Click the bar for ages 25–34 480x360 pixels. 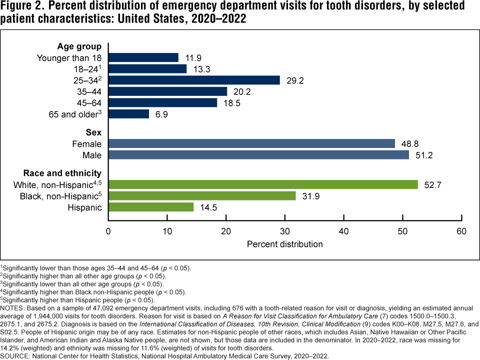click(x=194, y=80)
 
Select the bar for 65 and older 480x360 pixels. click(x=128, y=114)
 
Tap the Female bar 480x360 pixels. click(x=251, y=143)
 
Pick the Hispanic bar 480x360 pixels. click(x=151, y=207)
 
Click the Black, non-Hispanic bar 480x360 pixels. click(x=202, y=195)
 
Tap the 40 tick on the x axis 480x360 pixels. click(x=344, y=231)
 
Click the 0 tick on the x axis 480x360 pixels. click(x=108, y=231)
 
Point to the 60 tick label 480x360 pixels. click(x=461, y=231)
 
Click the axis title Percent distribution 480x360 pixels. click(x=285, y=244)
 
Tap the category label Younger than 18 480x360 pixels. click(x=69, y=58)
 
